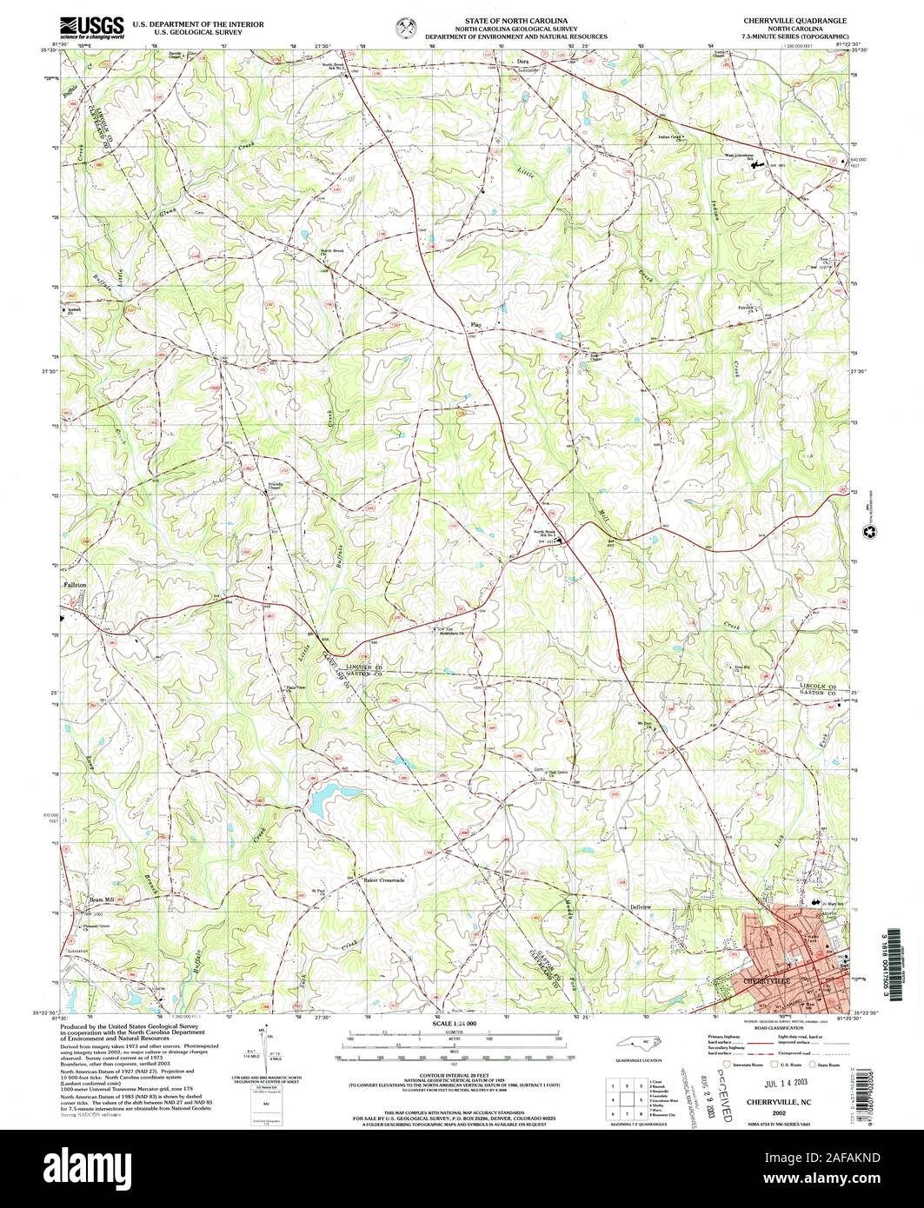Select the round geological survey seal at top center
click(405, 26)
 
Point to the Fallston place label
click(76, 585)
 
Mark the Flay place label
click(475, 325)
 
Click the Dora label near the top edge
click(523, 62)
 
